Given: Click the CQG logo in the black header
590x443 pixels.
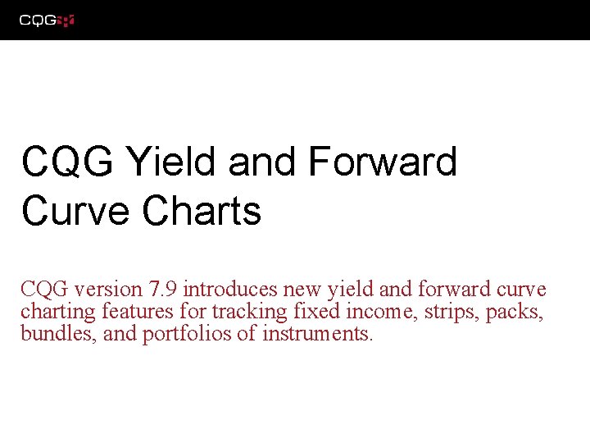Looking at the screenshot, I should coord(48,20).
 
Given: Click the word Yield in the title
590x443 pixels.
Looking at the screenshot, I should coord(172,162).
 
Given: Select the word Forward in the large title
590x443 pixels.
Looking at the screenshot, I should coord(382,162).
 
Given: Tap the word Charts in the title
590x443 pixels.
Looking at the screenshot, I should coord(202,210).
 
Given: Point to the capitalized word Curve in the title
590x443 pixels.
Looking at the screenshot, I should coord(76,210).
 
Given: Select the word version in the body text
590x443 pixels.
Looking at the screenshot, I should coord(108,290).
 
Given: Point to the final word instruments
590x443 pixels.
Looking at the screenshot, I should coord(316,334).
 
